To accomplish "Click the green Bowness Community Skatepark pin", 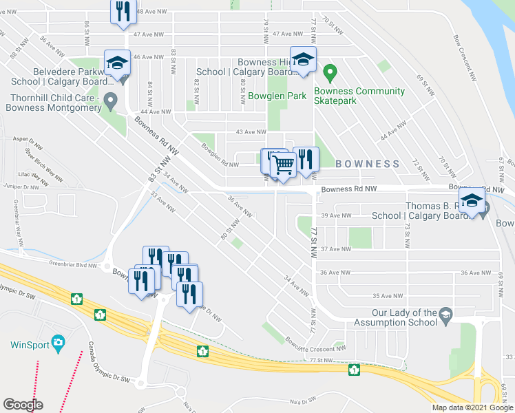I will pos(330,71).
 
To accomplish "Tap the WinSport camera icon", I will pos(58,342).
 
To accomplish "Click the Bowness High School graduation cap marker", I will pos(302,60).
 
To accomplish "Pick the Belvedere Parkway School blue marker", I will pos(117,64).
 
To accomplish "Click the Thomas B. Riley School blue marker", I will pos(472,201).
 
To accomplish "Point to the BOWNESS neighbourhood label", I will pos(368,164).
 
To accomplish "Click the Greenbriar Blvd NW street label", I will pos(76,262).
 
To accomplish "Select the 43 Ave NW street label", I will pos(251,131).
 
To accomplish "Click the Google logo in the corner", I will pos(23,405).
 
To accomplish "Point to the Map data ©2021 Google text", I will pos(472,407).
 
